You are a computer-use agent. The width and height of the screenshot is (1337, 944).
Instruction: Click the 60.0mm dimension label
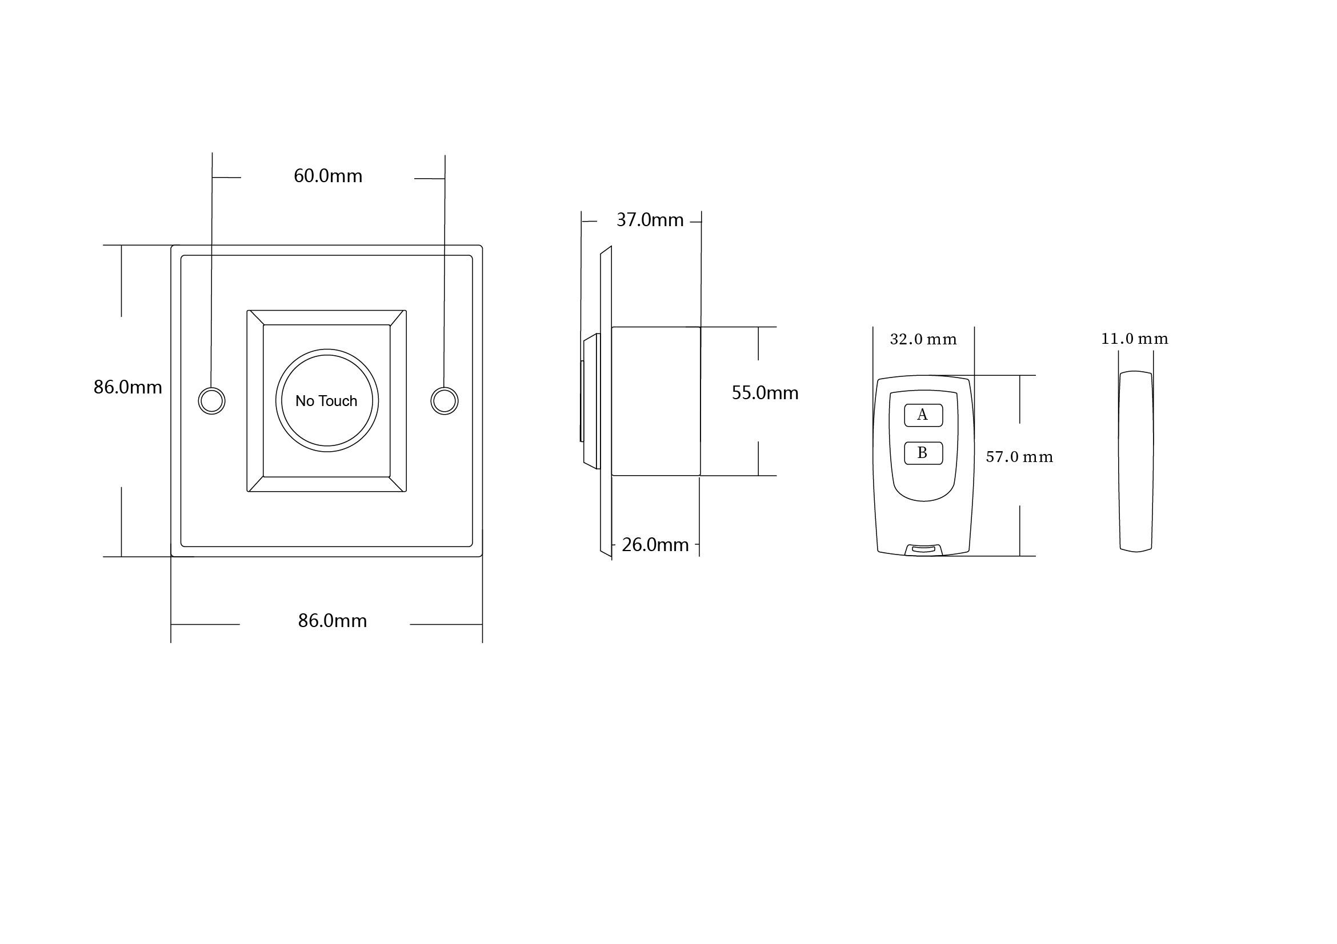click(x=328, y=176)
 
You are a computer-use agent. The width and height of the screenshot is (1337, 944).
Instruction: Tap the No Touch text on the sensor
click(x=326, y=401)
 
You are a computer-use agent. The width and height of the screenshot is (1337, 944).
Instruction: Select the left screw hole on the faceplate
click(x=211, y=401)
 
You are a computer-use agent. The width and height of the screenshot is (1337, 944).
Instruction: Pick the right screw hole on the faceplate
click(x=445, y=401)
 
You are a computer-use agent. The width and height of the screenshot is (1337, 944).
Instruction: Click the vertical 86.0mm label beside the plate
click(x=127, y=387)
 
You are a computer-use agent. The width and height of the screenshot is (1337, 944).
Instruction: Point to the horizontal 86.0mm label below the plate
click(x=333, y=621)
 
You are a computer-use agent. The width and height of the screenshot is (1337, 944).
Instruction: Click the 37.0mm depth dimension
click(x=650, y=220)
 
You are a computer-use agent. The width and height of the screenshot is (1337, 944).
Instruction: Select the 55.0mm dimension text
click(x=765, y=393)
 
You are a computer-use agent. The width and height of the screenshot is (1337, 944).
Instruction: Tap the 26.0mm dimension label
click(x=655, y=545)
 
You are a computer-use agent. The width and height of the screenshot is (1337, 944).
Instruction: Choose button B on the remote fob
click(x=923, y=453)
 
